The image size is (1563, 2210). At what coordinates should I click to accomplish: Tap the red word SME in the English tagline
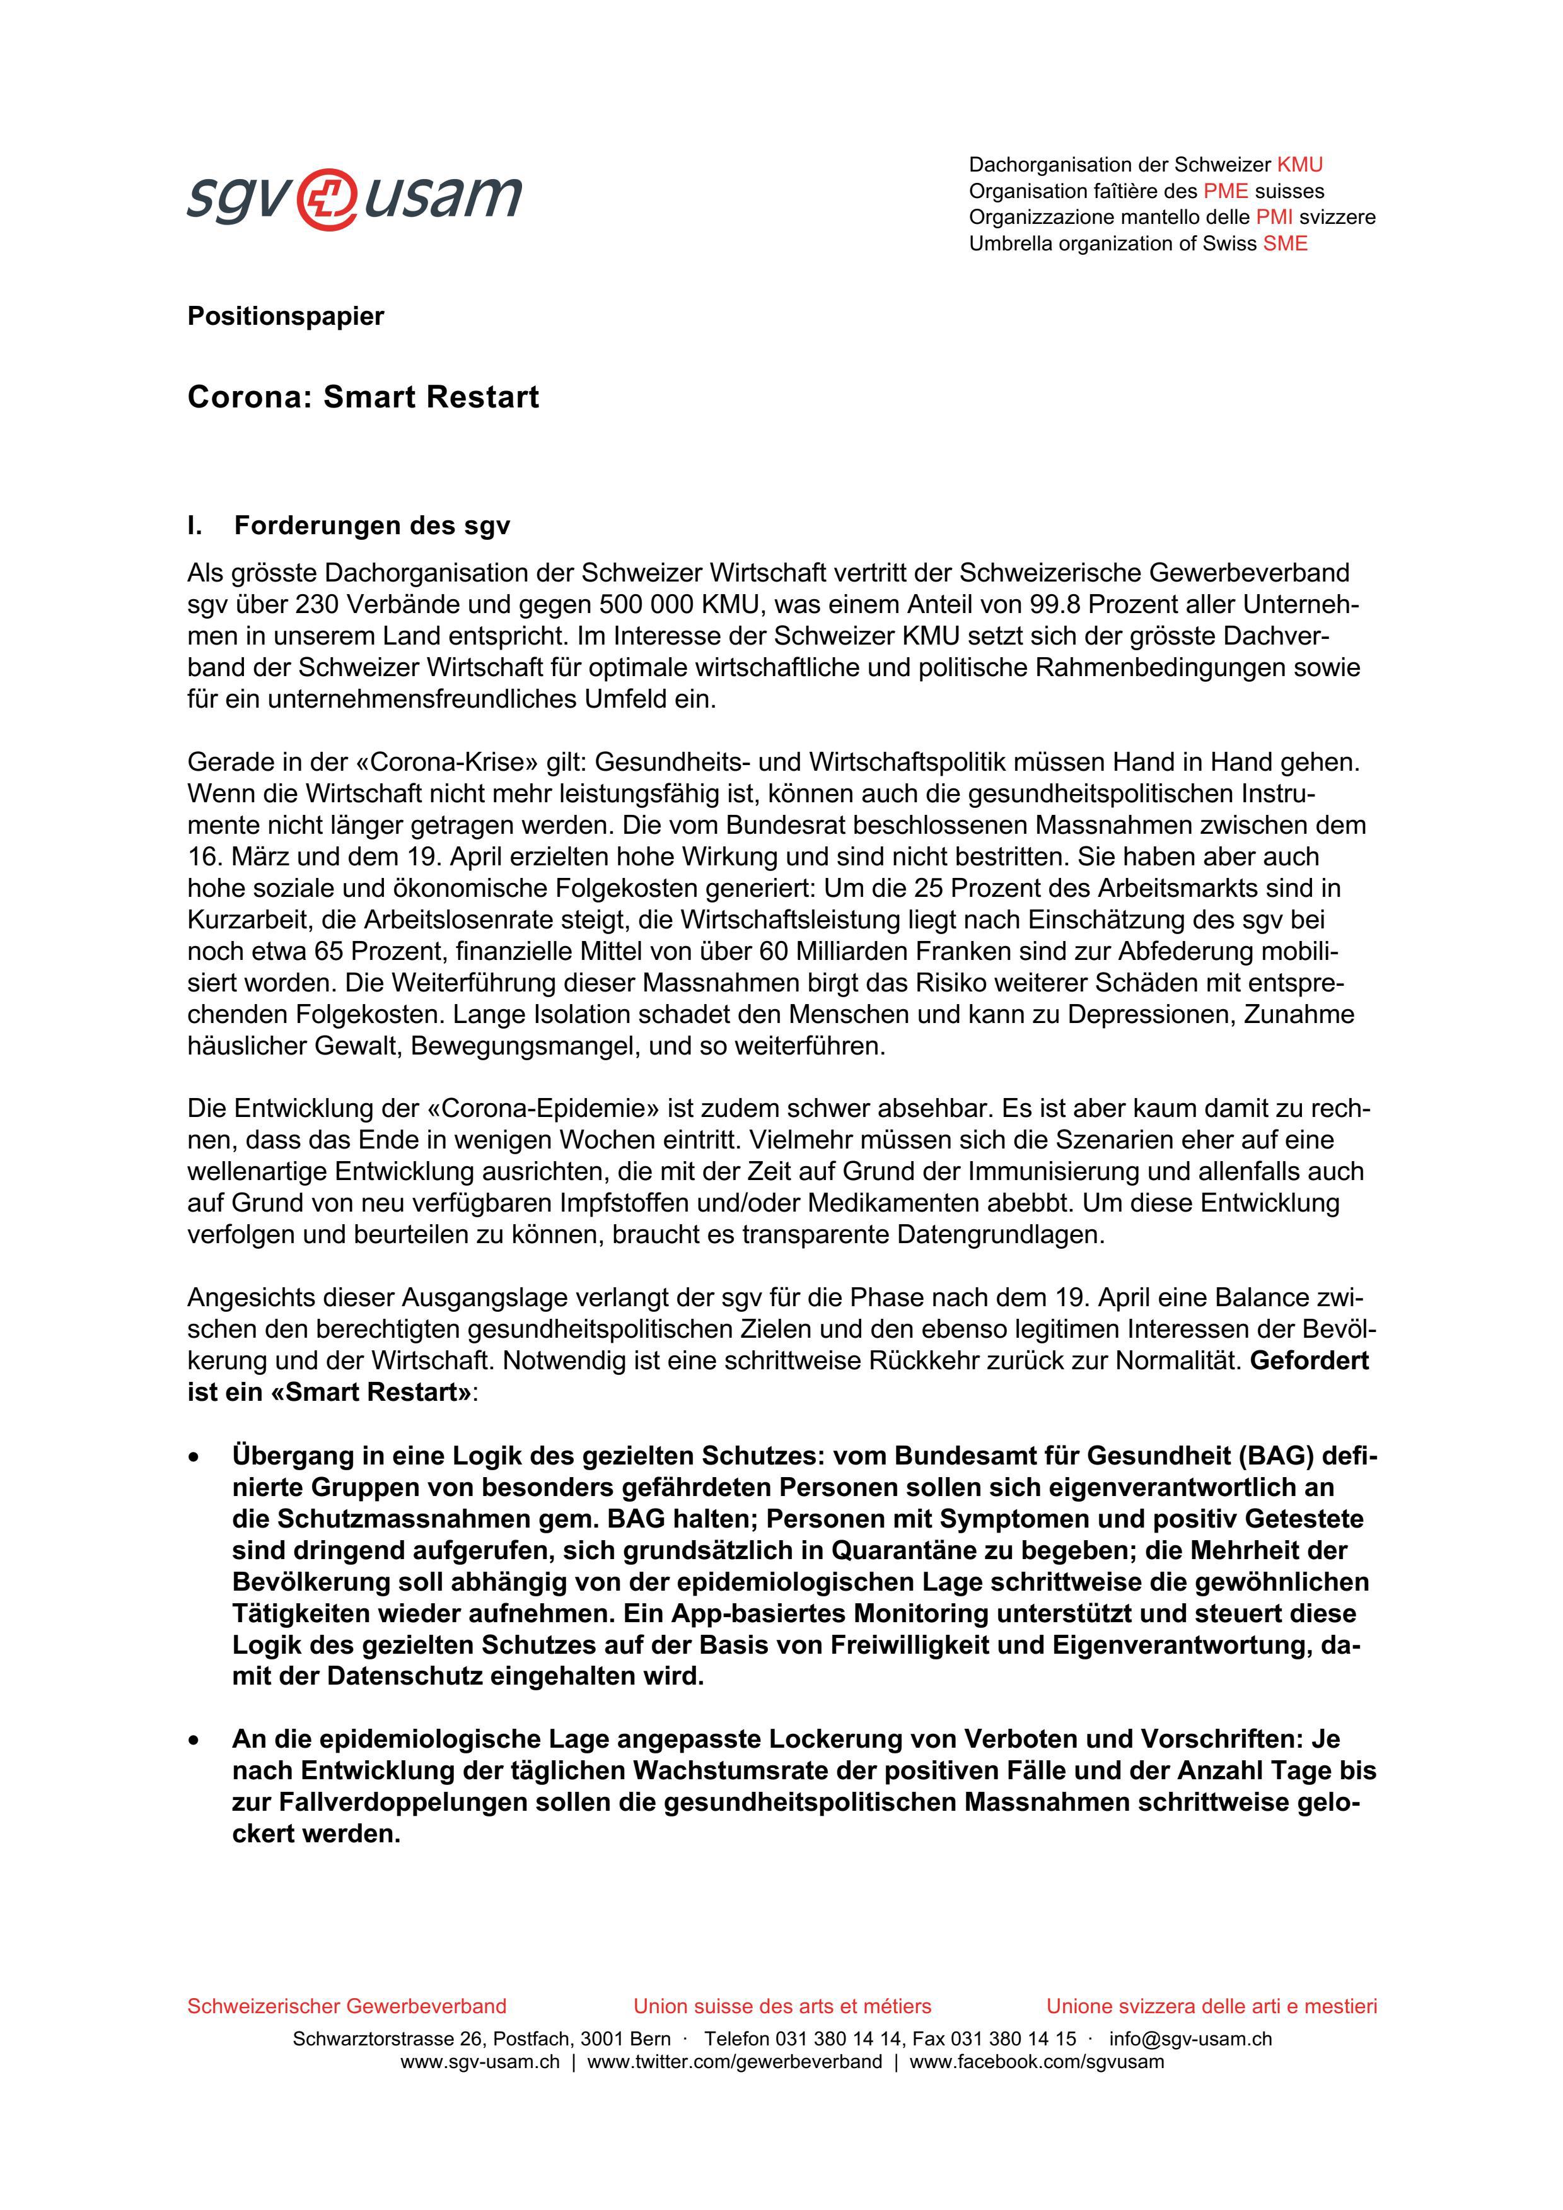1285,243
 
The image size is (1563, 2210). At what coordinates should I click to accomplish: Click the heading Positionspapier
285,316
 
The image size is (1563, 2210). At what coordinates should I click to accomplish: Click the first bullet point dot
195,1458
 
